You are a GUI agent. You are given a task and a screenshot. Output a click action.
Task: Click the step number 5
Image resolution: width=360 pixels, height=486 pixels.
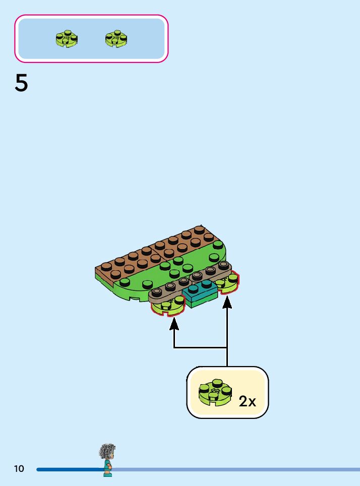tap(21, 84)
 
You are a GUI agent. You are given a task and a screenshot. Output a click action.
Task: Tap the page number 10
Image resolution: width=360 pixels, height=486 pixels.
tap(19, 469)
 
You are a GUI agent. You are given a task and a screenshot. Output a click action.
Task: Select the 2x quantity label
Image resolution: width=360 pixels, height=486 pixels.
tap(248, 401)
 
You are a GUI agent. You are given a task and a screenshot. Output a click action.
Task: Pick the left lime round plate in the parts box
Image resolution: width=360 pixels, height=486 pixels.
tap(67, 38)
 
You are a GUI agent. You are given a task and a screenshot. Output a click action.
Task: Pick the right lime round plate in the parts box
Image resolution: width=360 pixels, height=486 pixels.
tap(116, 38)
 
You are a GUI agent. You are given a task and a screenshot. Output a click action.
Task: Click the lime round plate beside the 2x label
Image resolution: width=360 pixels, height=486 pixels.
tap(215, 393)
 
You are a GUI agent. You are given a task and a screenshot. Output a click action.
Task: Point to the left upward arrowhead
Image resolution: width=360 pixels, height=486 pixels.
tap(174, 323)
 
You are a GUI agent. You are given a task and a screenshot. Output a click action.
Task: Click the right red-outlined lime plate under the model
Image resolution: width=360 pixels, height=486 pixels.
tap(229, 284)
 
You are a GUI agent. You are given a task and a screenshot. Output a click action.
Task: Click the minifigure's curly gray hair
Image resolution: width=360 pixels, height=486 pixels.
tap(107, 451)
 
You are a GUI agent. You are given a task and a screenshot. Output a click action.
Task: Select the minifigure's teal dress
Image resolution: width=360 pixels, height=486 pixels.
tap(107, 467)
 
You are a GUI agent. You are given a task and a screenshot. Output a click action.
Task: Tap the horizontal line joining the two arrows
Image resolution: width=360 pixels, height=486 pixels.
tap(201, 347)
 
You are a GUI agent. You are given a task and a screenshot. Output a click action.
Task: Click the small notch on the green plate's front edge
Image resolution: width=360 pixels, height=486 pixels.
tap(135, 298)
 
